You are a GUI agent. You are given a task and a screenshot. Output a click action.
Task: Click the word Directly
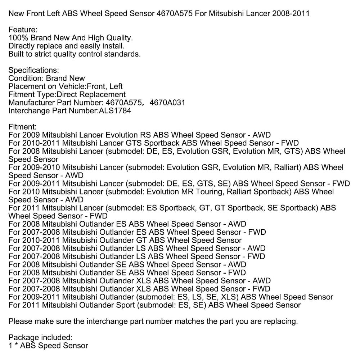pyautogui.click(x=21, y=46)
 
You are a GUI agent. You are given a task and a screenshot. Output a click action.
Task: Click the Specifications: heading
pyautogui.click(x=33, y=70)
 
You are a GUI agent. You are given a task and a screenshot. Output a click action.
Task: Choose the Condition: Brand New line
pyautogui.click(x=47, y=78)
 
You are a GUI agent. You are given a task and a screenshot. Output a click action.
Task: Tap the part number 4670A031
pyautogui.click(x=167, y=103)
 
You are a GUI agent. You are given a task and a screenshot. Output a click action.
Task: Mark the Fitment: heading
pyautogui.click(x=22, y=127)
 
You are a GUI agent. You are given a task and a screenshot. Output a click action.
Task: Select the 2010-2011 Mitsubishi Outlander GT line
pyautogui.click(x=125, y=240)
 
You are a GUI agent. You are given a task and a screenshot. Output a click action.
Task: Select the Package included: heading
pyautogui.click(x=40, y=337)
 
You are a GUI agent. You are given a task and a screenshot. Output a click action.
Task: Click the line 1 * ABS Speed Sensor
pyautogui.click(x=48, y=346)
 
